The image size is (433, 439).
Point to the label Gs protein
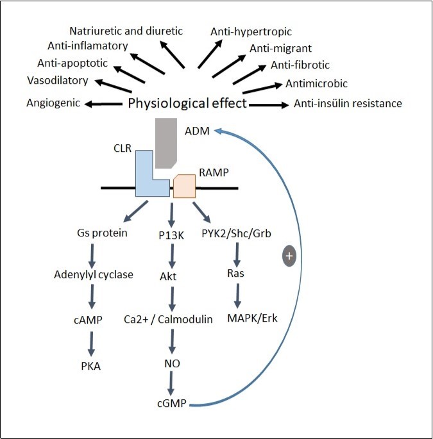[x=102, y=233]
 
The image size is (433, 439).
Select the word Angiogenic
[x=54, y=103]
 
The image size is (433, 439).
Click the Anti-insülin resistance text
[x=347, y=103]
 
